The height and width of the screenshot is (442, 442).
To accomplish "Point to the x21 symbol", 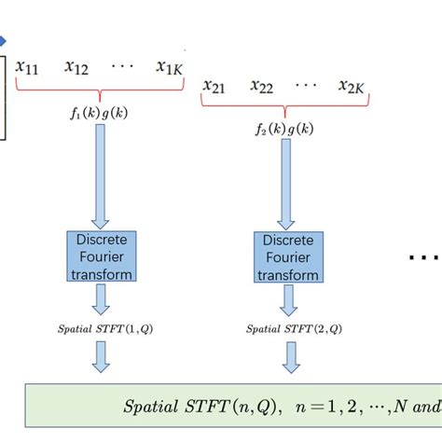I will (216, 87).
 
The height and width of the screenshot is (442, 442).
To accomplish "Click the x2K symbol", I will (356, 87).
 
